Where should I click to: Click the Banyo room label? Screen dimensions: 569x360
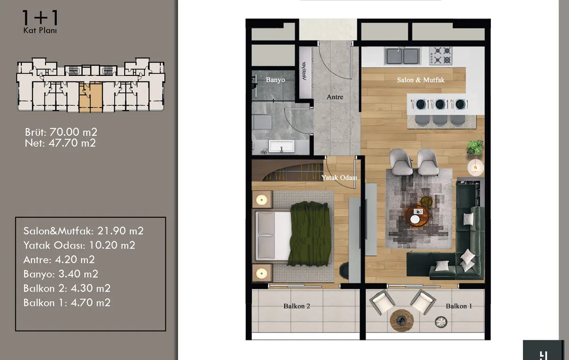coord(275,80)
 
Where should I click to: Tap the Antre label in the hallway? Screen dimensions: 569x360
coord(335,97)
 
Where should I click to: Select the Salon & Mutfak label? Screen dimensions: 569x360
coord(421,80)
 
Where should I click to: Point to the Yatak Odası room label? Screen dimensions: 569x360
coord(339,177)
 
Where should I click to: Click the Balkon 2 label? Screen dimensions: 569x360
coord(297,306)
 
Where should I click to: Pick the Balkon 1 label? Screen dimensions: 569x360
coord(459,306)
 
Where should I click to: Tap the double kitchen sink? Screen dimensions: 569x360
coord(403,56)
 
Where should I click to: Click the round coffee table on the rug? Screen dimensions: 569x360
coord(417,216)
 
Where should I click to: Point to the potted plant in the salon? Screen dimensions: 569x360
coord(475,147)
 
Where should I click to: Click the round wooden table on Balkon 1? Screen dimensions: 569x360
coord(402,320)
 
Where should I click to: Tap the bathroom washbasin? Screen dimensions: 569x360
coord(281,147)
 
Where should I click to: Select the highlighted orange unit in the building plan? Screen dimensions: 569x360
coord(91,98)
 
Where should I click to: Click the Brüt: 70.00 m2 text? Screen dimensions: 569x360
coord(61,132)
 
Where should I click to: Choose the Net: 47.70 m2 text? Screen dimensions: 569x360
coord(60,143)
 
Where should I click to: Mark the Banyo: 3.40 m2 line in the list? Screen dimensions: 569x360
coord(61,274)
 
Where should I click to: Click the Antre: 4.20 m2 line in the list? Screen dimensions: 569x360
coord(59,259)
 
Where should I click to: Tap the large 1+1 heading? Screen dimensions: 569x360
coord(41,18)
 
